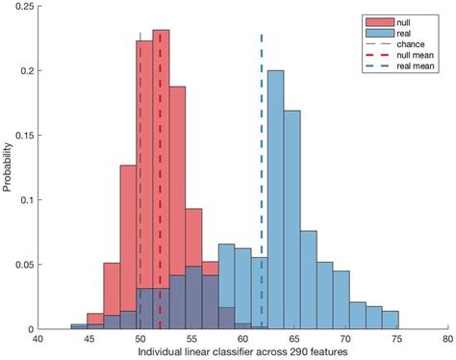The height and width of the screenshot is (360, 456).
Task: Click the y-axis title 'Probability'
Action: (x=8, y=167)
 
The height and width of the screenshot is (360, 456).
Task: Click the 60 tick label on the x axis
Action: (x=242, y=339)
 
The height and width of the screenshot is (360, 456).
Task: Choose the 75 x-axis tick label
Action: (x=396, y=339)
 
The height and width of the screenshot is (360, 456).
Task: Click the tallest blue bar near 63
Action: (x=275, y=193)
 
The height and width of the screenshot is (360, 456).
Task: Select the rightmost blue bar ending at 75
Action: (x=390, y=320)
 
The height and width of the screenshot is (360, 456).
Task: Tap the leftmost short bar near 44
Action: (x=79, y=325)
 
